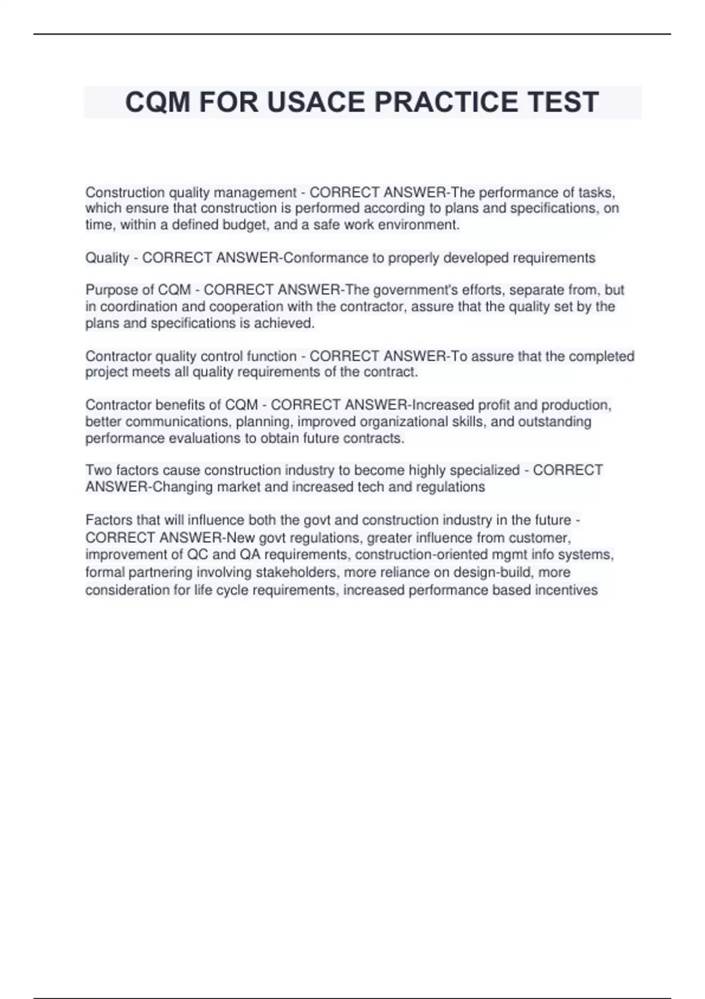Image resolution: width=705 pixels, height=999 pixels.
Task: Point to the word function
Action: click(272, 356)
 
